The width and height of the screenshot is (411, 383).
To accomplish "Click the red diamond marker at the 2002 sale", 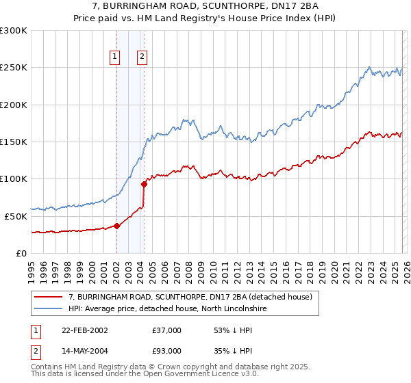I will [x=116, y=226].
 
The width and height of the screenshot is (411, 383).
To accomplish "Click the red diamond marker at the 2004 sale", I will [x=144, y=184].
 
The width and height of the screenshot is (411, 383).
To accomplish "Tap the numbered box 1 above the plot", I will [x=114, y=57].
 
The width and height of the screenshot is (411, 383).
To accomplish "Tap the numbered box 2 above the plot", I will [x=142, y=57].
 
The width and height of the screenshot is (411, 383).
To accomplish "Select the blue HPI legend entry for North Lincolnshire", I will [x=168, y=309].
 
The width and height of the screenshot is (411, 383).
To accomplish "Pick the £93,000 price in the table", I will [x=166, y=351].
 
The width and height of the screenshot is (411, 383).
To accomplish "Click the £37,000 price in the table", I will [x=166, y=330].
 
